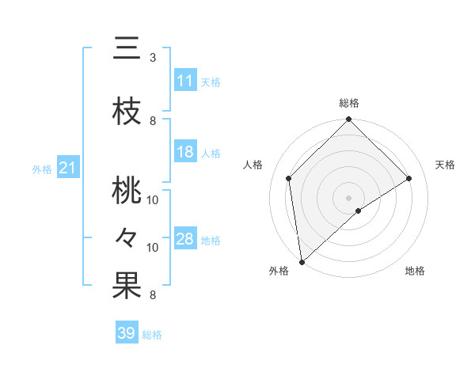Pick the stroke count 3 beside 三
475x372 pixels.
(153, 58)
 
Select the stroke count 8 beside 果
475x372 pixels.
(153, 295)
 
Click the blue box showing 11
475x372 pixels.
(184, 81)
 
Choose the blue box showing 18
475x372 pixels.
(184, 153)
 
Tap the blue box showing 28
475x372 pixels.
(184, 240)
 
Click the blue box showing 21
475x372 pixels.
(67, 168)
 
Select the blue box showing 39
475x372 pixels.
(126, 333)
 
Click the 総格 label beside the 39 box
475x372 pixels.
(153, 335)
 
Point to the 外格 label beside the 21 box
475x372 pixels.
(42, 169)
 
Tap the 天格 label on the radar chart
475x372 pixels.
(446, 165)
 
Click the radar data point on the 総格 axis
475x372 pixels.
(348, 120)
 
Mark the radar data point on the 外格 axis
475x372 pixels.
(302, 261)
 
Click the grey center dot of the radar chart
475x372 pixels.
(348, 197)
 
